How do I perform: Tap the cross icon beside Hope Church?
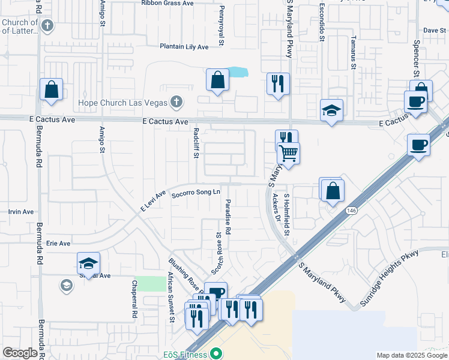click(176, 101)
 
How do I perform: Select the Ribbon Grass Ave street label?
click(167, 3)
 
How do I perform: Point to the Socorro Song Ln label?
click(192, 194)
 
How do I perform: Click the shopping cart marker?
click(289, 154)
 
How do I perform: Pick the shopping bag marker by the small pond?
click(217, 80)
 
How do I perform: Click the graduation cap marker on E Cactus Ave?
click(331, 110)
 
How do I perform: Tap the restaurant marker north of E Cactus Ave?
click(278, 84)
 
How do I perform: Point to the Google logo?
click(20, 353)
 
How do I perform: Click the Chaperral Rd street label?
click(134, 305)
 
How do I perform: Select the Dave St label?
click(430, 30)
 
